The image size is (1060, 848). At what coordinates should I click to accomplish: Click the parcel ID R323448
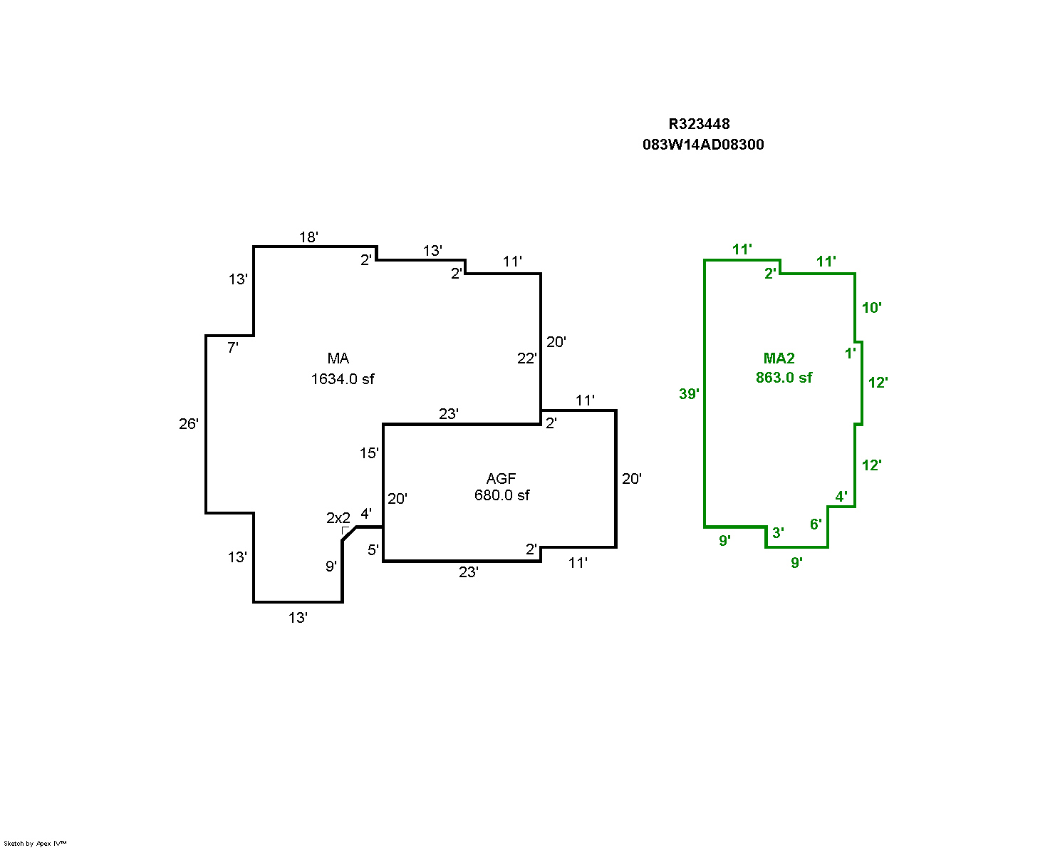699,124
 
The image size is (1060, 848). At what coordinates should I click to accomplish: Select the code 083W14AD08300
703,145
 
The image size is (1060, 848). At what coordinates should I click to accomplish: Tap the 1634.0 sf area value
342,379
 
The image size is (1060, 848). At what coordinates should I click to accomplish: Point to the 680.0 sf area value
502,495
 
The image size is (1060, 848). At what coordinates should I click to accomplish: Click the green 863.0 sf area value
784,378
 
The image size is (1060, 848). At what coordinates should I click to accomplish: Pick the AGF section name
501,479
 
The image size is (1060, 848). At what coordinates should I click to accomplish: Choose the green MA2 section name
779,358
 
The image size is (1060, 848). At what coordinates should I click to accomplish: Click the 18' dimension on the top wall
308,237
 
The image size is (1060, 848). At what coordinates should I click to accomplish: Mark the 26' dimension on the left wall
189,424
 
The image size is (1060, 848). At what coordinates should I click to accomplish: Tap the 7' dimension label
232,348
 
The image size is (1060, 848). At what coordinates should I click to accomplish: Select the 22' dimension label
526,358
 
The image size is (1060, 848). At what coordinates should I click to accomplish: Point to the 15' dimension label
369,453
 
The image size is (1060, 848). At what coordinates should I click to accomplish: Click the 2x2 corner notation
338,518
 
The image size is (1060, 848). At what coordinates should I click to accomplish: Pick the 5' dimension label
373,549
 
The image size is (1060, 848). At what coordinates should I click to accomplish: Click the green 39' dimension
689,393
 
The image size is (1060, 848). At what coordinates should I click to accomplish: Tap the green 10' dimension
871,308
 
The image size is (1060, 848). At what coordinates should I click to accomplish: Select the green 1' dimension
850,353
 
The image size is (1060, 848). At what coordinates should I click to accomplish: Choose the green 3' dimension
778,533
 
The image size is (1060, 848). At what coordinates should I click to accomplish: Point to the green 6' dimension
816,525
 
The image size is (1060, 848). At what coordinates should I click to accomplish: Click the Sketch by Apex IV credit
35,843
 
